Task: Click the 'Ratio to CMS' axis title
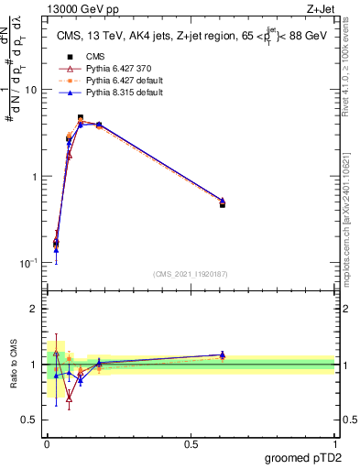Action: coord(12,364)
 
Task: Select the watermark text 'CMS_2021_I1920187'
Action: coord(190,274)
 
